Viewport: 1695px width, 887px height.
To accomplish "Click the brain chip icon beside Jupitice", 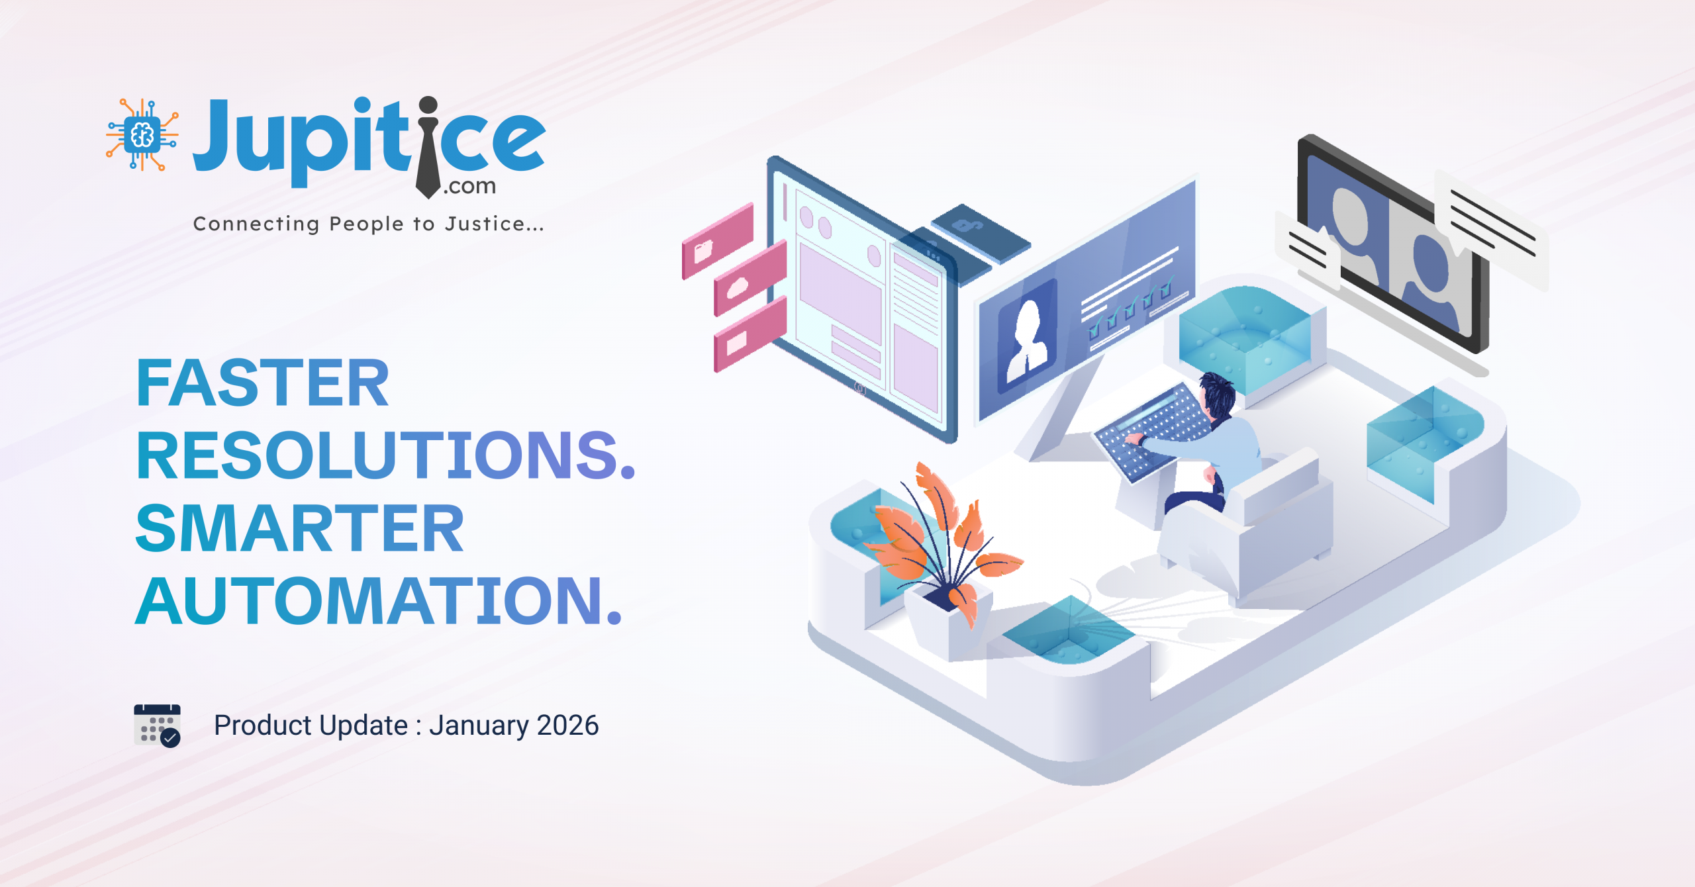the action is coord(142,135).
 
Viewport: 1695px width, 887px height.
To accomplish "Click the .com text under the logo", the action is coord(469,187).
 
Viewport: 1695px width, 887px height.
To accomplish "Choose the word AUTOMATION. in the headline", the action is coord(379,600).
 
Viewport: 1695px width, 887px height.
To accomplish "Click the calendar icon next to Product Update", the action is coord(157,725).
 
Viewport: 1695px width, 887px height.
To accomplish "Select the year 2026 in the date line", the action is coord(567,725).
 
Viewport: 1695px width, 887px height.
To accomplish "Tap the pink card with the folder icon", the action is coord(718,241).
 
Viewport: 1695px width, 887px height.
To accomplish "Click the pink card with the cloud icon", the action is coord(750,279).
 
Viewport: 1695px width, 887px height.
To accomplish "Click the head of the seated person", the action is coord(1217,395).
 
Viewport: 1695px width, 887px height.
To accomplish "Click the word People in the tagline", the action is coord(366,224).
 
